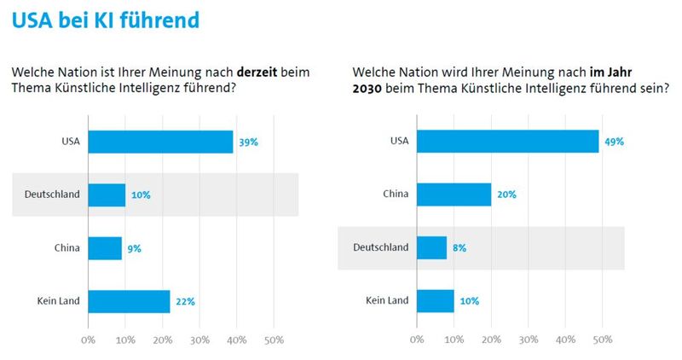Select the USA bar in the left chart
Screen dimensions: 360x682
(x=160, y=142)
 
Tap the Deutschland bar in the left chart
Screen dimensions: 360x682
(x=107, y=195)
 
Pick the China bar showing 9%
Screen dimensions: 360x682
(x=105, y=248)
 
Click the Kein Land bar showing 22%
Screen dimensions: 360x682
(x=129, y=301)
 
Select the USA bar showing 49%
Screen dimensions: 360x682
(x=507, y=142)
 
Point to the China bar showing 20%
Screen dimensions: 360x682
(x=454, y=195)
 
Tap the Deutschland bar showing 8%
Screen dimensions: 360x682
(x=431, y=248)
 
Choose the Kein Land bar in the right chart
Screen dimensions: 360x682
(x=435, y=301)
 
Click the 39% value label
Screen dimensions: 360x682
(x=248, y=142)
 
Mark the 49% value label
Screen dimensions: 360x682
(x=614, y=142)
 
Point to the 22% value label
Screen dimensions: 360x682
(x=185, y=301)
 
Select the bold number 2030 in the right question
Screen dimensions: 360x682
(x=369, y=88)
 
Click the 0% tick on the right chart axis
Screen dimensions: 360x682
(x=417, y=340)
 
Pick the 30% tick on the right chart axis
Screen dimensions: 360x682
(x=528, y=340)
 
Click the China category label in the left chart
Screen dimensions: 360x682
(x=66, y=248)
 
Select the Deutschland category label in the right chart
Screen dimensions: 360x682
(x=380, y=248)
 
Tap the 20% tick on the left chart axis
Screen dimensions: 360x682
(x=162, y=340)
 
